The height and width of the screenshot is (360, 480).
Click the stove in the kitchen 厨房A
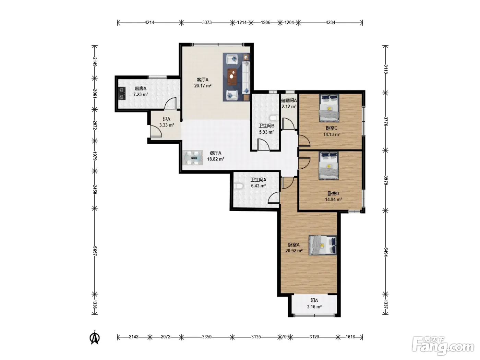click(x=122, y=93)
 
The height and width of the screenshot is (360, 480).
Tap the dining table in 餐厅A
click(x=193, y=158)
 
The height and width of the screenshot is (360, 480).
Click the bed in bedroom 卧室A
click(x=323, y=245)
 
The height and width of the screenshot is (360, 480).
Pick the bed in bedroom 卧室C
click(x=329, y=108)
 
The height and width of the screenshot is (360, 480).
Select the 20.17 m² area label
click(x=203, y=86)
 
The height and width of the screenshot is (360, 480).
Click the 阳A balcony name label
click(x=314, y=301)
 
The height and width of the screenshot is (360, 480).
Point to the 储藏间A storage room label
click(x=289, y=100)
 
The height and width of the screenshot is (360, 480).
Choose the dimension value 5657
click(x=95, y=251)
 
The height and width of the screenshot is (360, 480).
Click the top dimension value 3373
click(x=207, y=22)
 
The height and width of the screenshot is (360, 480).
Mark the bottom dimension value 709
click(x=285, y=337)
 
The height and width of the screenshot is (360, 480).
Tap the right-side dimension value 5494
click(x=386, y=252)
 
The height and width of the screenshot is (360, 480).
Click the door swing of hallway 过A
click(x=156, y=131)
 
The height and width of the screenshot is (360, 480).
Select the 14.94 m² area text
click(x=333, y=199)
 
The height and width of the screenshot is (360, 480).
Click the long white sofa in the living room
click(x=246, y=78)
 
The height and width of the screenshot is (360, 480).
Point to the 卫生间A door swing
click(x=274, y=197)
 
